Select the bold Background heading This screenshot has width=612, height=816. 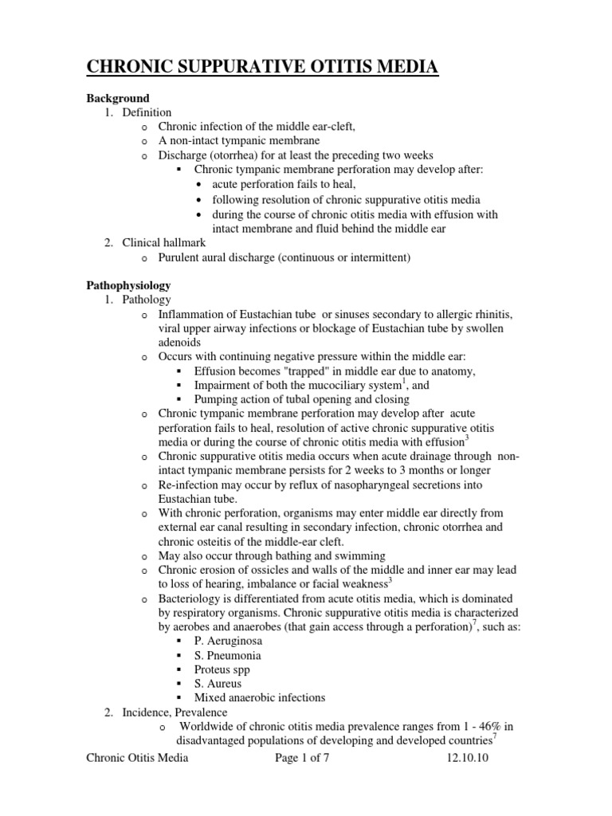tap(118, 99)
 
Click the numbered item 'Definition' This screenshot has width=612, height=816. tap(147, 112)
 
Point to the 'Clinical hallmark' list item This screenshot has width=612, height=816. tap(164, 242)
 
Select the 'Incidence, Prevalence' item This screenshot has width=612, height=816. tap(175, 712)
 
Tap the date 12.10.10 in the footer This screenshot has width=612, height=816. tap(467, 759)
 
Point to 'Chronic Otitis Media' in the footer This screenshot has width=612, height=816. tap(137, 759)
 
